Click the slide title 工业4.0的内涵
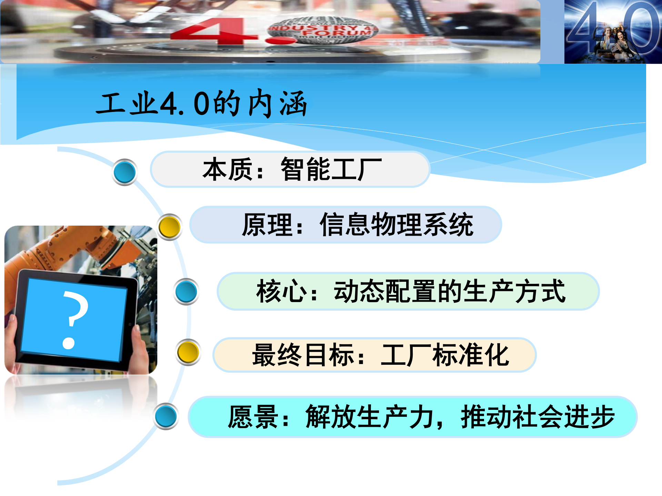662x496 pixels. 202,103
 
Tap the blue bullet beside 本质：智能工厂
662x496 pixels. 124,172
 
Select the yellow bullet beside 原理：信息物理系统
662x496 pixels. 169,227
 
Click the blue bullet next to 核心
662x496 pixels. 186,292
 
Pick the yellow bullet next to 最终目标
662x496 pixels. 188,352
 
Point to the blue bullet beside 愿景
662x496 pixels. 166,416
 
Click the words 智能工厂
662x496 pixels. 331,169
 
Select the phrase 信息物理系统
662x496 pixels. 397,225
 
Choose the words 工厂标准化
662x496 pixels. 445,355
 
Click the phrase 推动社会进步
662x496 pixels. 538,417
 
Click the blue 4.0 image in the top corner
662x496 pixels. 613,32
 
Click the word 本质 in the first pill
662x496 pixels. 228,169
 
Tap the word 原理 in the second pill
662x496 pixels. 268,225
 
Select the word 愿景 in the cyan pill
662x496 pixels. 253,417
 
